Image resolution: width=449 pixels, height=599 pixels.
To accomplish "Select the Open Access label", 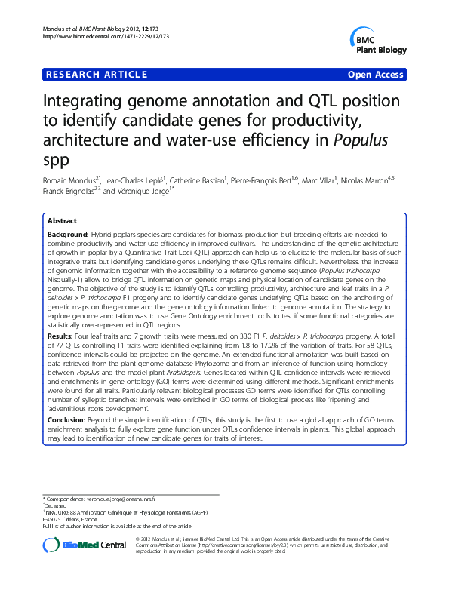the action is click(374, 75).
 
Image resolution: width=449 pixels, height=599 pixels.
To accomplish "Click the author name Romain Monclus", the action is click(66, 181).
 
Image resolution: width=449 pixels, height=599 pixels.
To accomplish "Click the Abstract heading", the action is click(62, 221).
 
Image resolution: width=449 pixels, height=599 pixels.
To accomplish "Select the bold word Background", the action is click(68, 235).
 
